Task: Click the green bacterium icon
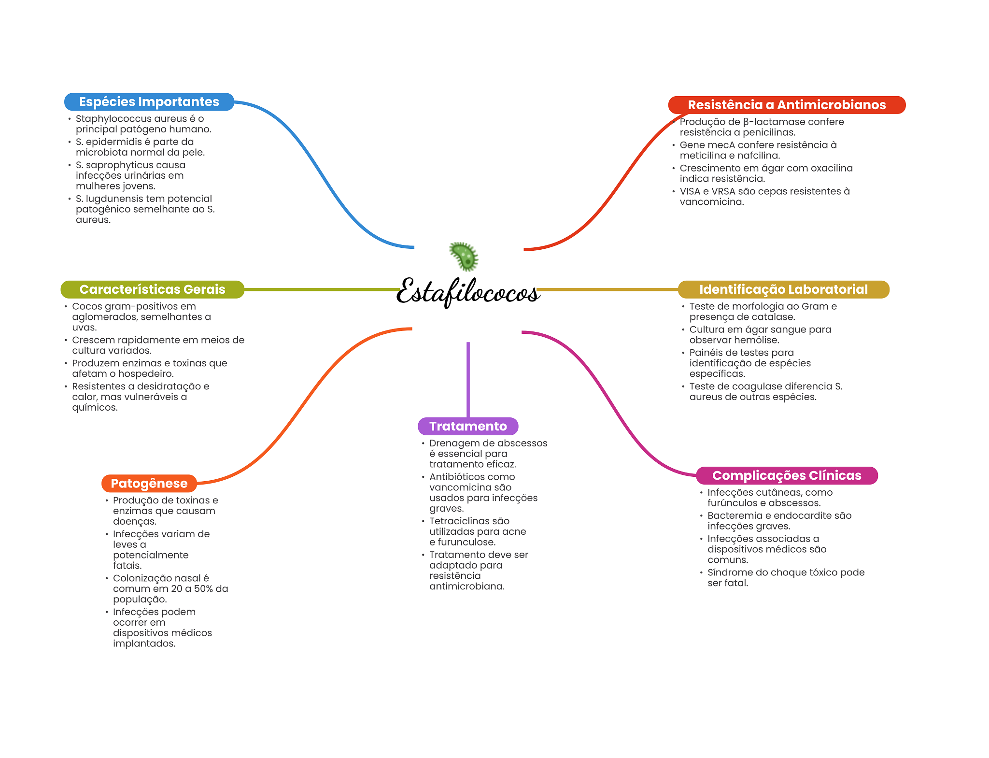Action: click(x=464, y=256)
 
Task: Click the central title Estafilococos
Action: click(x=467, y=291)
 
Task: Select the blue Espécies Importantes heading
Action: click(x=149, y=102)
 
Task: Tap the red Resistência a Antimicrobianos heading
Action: click(x=786, y=105)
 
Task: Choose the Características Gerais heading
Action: click(x=152, y=289)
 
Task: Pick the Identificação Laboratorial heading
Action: click(x=783, y=289)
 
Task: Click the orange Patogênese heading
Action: click(x=149, y=483)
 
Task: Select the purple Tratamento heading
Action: click(x=468, y=426)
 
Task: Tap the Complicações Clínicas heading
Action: click(x=787, y=475)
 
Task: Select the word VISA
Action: click(x=690, y=191)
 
